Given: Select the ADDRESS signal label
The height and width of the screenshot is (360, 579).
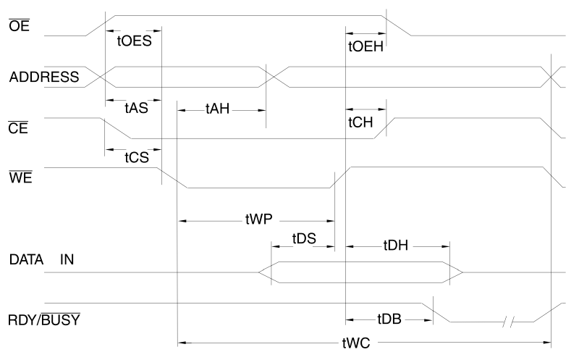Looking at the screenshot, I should (43, 77).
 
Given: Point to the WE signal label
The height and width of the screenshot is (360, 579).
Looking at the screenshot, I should (18, 174).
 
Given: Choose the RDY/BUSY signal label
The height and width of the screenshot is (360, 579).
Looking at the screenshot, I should (43, 319).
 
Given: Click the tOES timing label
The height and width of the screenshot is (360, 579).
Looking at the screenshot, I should (133, 41).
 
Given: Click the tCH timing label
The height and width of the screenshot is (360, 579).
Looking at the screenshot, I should (360, 122).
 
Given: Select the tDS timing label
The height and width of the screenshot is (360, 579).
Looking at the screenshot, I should (305, 238).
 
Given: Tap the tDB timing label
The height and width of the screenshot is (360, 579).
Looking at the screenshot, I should (389, 319).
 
